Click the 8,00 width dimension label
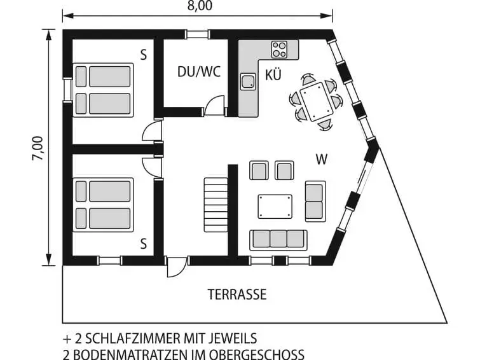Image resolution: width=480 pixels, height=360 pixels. [x=200, y=6]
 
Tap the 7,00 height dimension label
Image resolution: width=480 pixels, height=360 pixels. [x=38, y=148]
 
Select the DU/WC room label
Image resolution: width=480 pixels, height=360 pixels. [x=199, y=72]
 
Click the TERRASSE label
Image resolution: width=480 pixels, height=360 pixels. [x=237, y=294]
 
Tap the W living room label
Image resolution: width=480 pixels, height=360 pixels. [x=322, y=160]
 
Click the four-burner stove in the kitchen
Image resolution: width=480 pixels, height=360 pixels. [x=279, y=50]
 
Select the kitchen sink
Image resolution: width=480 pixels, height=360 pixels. [x=248, y=81]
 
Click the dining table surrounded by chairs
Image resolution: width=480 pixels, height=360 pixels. [x=316, y=101]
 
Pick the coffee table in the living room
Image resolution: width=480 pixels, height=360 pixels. [x=275, y=206]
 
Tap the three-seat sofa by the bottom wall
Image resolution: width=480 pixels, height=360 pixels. [x=278, y=239]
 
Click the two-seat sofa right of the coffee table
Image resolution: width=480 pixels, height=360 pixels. [x=315, y=201]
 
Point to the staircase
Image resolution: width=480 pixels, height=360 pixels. [x=216, y=205]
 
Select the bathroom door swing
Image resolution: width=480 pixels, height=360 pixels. [x=215, y=106]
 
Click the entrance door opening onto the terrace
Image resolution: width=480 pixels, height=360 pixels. [x=177, y=267]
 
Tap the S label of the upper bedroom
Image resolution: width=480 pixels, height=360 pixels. [x=144, y=55]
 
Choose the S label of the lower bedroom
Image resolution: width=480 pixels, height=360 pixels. [x=144, y=244]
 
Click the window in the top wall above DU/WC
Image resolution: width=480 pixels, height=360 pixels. [x=198, y=34]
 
